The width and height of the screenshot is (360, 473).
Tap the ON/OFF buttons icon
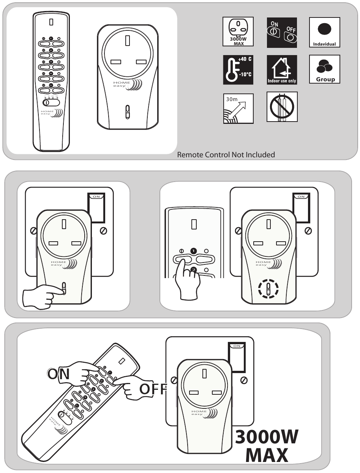(282, 32)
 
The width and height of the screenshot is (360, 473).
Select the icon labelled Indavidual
(324, 32)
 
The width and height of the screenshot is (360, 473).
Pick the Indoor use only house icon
(282, 70)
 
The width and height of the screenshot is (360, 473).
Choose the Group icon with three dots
(324, 70)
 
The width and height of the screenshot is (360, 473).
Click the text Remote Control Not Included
(226, 155)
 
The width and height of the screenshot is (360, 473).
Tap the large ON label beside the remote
(59, 374)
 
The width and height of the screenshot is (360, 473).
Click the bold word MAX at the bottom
(267, 455)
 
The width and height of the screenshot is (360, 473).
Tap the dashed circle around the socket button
(268, 288)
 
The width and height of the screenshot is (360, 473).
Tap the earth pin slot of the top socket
(128, 40)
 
